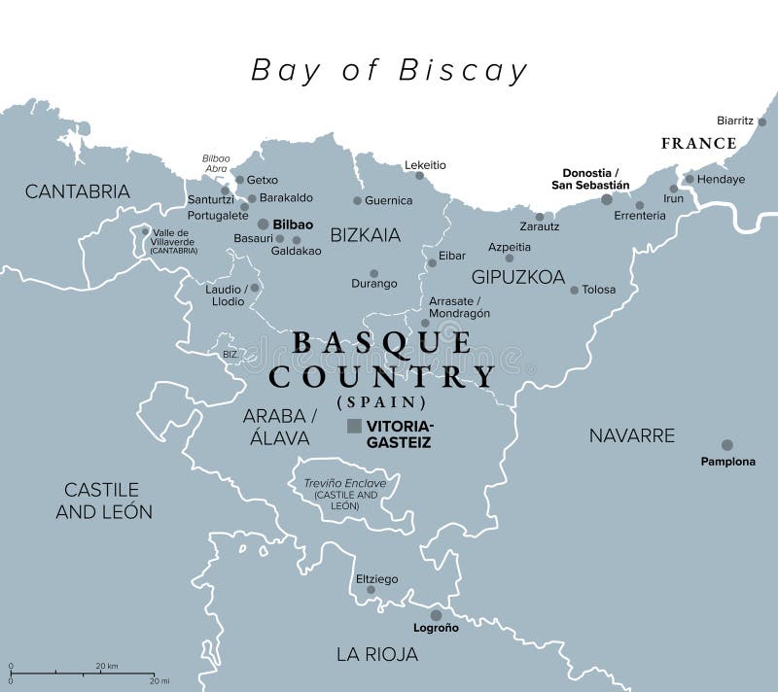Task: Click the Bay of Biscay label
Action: (x=389, y=70)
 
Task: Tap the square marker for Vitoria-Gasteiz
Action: (x=354, y=426)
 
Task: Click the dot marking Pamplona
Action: (x=726, y=444)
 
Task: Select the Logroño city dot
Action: (x=436, y=614)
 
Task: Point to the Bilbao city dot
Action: (x=263, y=224)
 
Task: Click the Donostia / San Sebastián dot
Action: (x=607, y=199)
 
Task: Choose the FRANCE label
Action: (x=698, y=143)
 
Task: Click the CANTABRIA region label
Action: (x=77, y=191)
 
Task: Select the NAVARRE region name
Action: (x=631, y=434)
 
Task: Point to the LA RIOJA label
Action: (x=377, y=654)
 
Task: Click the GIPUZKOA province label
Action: (x=518, y=277)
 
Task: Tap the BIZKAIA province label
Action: (x=365, y=234)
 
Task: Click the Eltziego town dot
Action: (x=371, y=589)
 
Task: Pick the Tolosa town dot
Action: (x=574, y=290)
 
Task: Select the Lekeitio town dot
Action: (x=419, y=176)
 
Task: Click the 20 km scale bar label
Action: (x=106, y=666)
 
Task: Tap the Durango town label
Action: (x=374, y=284)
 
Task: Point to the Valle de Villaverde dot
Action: (x=146, y=231)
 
